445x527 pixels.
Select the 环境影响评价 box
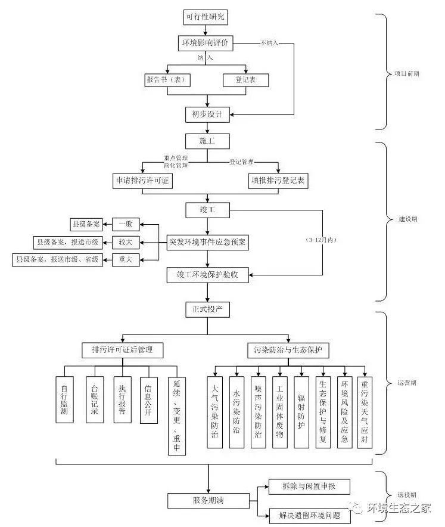click(207, 44)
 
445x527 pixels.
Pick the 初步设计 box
click(207, 114)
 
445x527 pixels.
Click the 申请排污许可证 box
click(143, 181)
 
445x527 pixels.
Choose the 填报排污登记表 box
click(278, 181)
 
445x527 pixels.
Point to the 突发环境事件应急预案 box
click(207, 242)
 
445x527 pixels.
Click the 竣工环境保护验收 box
click(207, 275)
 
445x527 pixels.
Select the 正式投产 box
click(207, 310)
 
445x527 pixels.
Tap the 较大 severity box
click(125, 241)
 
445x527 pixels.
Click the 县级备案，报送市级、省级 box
click(57, 259)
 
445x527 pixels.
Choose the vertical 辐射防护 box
click(301, 412)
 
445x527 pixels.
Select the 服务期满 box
click(207, 500)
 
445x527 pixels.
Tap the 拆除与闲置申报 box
click(309, 486)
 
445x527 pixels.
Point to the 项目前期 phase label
click(406, 75)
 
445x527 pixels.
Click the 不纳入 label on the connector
click(269, 44)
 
